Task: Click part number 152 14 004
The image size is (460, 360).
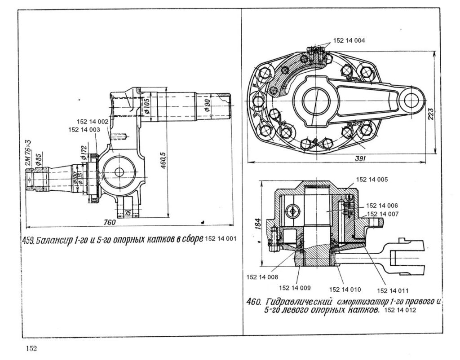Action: (349, 40)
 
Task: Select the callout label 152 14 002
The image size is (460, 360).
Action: (93, 122)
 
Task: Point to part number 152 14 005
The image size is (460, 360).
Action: (372, 179)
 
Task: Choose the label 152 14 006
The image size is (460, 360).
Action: (382, 205)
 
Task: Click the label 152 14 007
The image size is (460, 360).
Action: (383, 214)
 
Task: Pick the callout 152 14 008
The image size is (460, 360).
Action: (262, 277)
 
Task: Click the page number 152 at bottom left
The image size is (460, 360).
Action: (31, 349)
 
